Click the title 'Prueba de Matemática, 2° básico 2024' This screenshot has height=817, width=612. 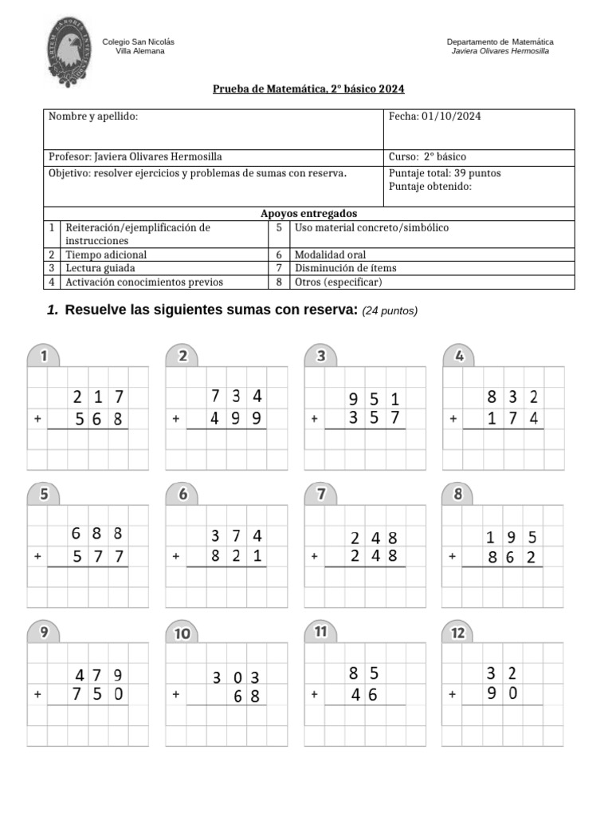302,89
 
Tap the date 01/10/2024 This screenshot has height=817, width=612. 446,116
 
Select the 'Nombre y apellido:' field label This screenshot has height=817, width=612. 93,116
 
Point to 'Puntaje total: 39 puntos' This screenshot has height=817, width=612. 445,173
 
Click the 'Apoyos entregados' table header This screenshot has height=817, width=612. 308,214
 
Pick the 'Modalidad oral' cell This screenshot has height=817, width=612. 330,255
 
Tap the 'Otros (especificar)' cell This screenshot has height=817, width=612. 338,282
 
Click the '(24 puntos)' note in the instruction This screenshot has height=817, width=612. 390,311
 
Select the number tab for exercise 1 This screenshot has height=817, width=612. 45,356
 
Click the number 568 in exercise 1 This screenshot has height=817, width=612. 99,419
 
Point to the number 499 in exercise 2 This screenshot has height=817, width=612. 237,419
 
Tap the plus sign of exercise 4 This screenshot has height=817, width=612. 453,418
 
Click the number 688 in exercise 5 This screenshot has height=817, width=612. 96,534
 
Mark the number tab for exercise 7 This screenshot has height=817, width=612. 321,494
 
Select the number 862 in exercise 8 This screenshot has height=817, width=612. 512,557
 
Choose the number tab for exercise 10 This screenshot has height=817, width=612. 182,633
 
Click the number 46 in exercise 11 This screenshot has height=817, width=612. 363,695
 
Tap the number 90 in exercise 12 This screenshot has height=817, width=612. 502,693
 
